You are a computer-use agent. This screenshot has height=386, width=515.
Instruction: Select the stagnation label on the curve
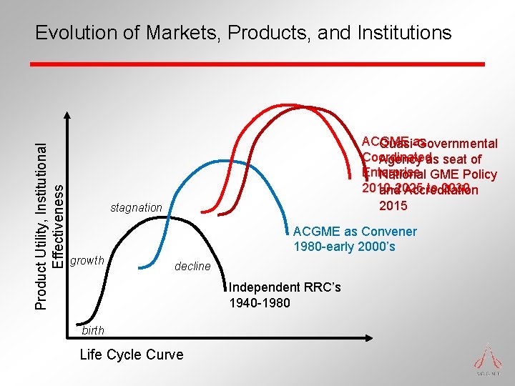point(136,208)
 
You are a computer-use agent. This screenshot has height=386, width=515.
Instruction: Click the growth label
point(87,260)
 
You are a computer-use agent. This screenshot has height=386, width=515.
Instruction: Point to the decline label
point(192,266)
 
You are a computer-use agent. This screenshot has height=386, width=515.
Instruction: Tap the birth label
point(93,330)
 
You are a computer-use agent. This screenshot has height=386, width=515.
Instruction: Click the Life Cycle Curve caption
point(131,355)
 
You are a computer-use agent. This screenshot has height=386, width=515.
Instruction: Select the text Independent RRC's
point(285,287)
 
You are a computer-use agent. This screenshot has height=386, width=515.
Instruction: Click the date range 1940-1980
point(259,303)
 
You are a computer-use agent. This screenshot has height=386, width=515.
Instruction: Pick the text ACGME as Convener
point(355,231)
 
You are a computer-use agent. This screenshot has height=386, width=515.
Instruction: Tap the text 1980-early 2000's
point(344,247)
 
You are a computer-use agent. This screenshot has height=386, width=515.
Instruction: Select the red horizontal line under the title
point(257,64)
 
